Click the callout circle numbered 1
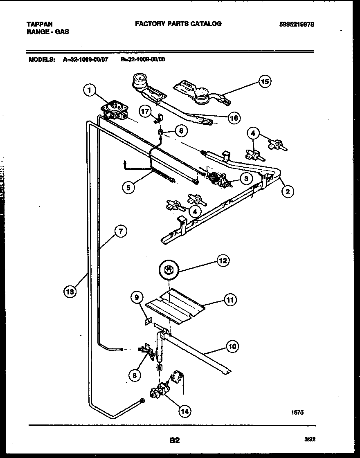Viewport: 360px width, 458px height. tap(90, 91)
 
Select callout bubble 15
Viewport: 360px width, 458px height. tap(265, 82)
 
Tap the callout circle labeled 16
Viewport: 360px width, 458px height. tap(234, 118)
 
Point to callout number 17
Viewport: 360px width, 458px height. tap(144, 111)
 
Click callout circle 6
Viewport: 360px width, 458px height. tap(181, 131)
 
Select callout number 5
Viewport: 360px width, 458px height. tap(128, 188)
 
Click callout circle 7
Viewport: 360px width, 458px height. tap(120, 232)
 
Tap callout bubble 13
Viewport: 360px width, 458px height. tap(70, 292)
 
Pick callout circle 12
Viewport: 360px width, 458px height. tap(223, 260)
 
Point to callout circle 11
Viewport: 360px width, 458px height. tap(230, 300)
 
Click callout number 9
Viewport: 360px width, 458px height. tap(137, 299)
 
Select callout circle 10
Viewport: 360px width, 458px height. tap(232, 347)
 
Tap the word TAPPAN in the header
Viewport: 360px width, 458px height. tap(40, 24)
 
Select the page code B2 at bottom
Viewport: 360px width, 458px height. tap(174, 440)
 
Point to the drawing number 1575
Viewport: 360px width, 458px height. tap(297, 413)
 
